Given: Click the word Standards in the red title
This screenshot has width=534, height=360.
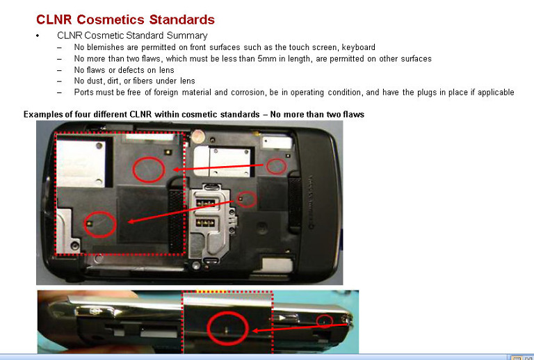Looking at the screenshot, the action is (182, 19).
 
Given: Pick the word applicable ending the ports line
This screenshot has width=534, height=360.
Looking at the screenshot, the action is (496, 92).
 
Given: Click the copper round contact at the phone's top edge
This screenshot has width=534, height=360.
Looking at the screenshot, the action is (197, 136).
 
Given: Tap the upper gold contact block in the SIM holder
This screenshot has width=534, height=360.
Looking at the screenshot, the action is (205, 204).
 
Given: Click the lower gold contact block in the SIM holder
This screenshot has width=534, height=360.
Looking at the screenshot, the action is (205, 223).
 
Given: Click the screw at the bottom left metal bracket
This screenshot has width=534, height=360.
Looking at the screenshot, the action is (74, 245).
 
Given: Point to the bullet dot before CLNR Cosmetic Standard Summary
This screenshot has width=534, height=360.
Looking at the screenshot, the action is (38, 35).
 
